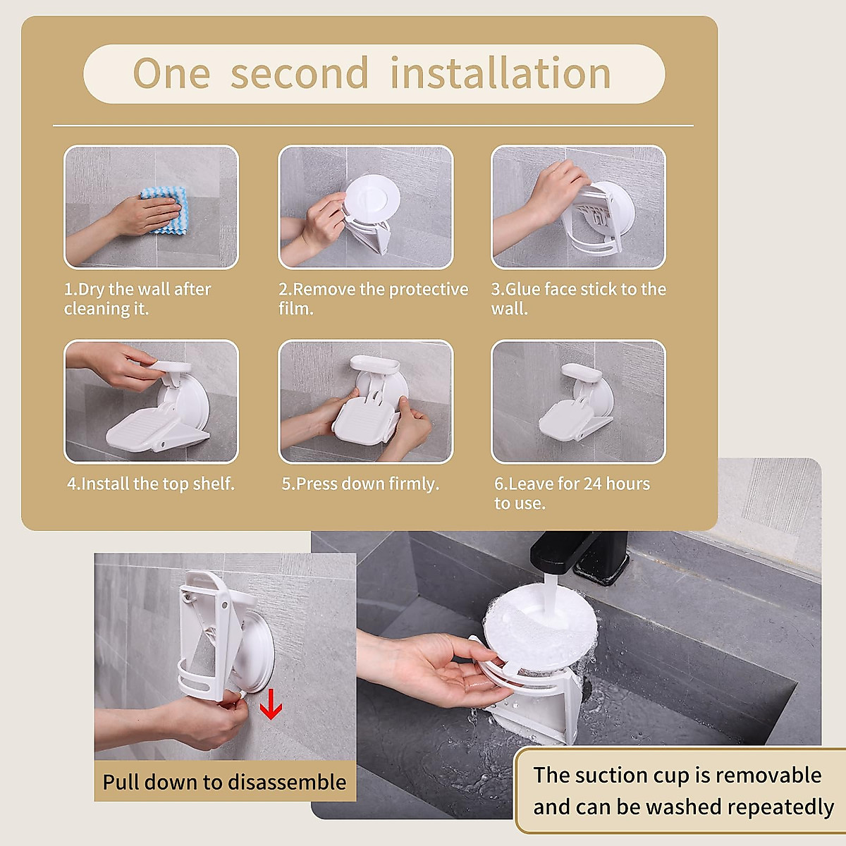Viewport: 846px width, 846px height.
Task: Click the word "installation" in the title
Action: click(x=500, y=73)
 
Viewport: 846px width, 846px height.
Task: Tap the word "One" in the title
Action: click(x=171, y=73)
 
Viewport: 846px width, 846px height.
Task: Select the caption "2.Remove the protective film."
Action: click(x=373, y=299)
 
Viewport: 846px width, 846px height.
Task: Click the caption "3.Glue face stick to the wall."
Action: click(x=578, y=299)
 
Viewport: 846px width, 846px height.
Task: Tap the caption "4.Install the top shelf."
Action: click(x=150, y=484)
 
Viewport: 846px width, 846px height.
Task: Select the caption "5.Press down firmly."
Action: click(x=360, y=484)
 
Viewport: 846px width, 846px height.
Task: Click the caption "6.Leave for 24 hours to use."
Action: click(x=571, y=493)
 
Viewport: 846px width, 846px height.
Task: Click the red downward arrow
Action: click(x=271, y=705)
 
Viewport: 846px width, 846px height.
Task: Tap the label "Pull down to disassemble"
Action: click(x=224, y=782)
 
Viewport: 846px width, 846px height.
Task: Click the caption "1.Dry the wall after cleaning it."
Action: click(x=137, y=299)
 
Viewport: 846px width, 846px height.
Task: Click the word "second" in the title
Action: click(x=300, y=73)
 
